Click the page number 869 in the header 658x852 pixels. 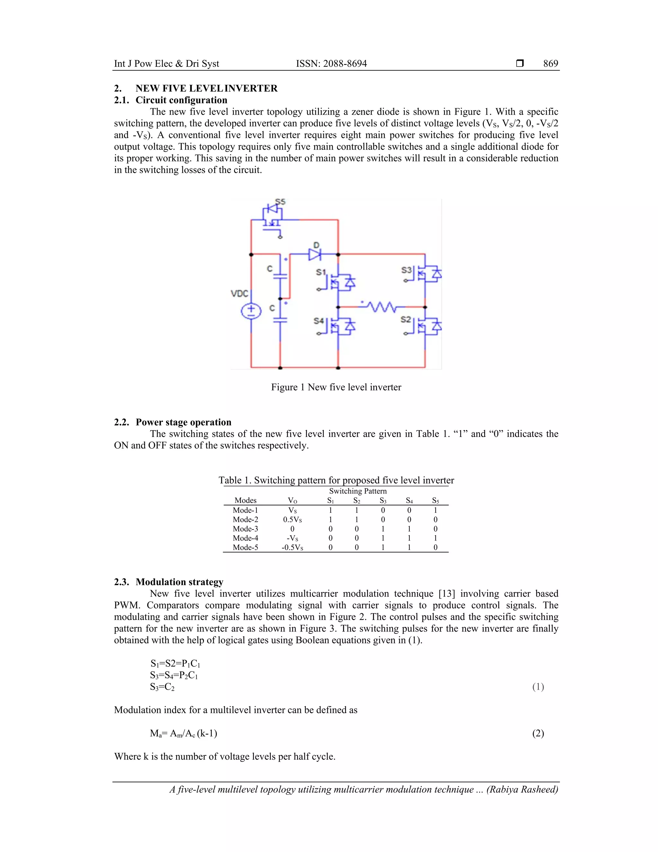pyautogui.click(x=550, y=64)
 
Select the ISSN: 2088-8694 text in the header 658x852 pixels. pyautogui.click(x=331, y=64)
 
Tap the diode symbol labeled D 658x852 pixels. pyautogui.click(x=315, y=254)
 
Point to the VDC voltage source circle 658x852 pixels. pyautogui.click(x=251, y=311)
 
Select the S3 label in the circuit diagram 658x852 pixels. pyautogui.click(x=406, y=270)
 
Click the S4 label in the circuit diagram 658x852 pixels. pyautogui.click(x=318, y=321)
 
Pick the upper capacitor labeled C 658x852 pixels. pyautogui.click(x=280, y=276)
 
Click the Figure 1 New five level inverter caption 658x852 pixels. pyautogui.click(x=336, y=387)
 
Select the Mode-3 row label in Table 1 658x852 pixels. pyautogui.click(x=245, y=529)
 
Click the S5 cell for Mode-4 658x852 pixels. pyautogui.click(x=435, y=538)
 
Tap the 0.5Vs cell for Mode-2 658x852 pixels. pyautogui.click(x=292, y=520)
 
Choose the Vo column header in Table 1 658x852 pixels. pyautogui.click(x=292, y=501)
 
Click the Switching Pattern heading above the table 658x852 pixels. pyautogui.click(x=358, y=491)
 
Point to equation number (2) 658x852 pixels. pyautogui.click(x=538, y=733)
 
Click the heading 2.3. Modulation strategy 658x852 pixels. pyautogui.click(x=168, y=582)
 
